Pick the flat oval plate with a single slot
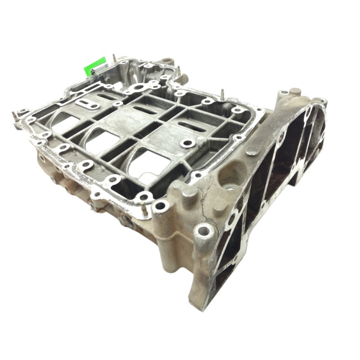click(87, 103)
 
